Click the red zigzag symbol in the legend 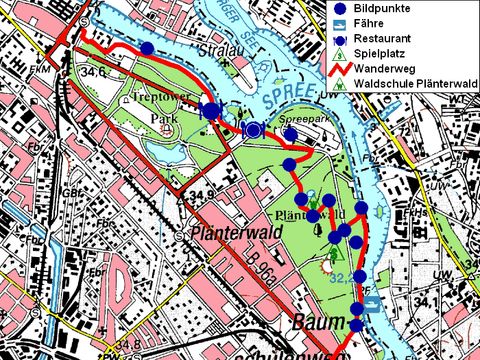click(337, 69)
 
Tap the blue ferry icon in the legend click(337, 22)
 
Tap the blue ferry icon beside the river click(373, 310)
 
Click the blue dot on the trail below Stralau click(147, 48)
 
